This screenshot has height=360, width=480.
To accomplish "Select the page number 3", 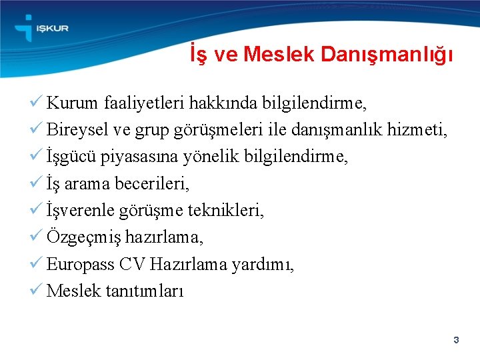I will tap(456, 341).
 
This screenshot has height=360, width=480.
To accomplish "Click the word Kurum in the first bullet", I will tap(73, 103).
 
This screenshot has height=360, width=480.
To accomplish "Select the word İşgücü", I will tap(71, 157).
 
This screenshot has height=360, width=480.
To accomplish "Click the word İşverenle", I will tap(80, 211).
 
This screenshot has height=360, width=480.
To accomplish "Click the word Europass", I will tap(80, 265).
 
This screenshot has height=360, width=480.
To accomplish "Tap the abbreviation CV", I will tap(133, 264).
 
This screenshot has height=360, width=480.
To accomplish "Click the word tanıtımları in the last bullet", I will tap(145, 291).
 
